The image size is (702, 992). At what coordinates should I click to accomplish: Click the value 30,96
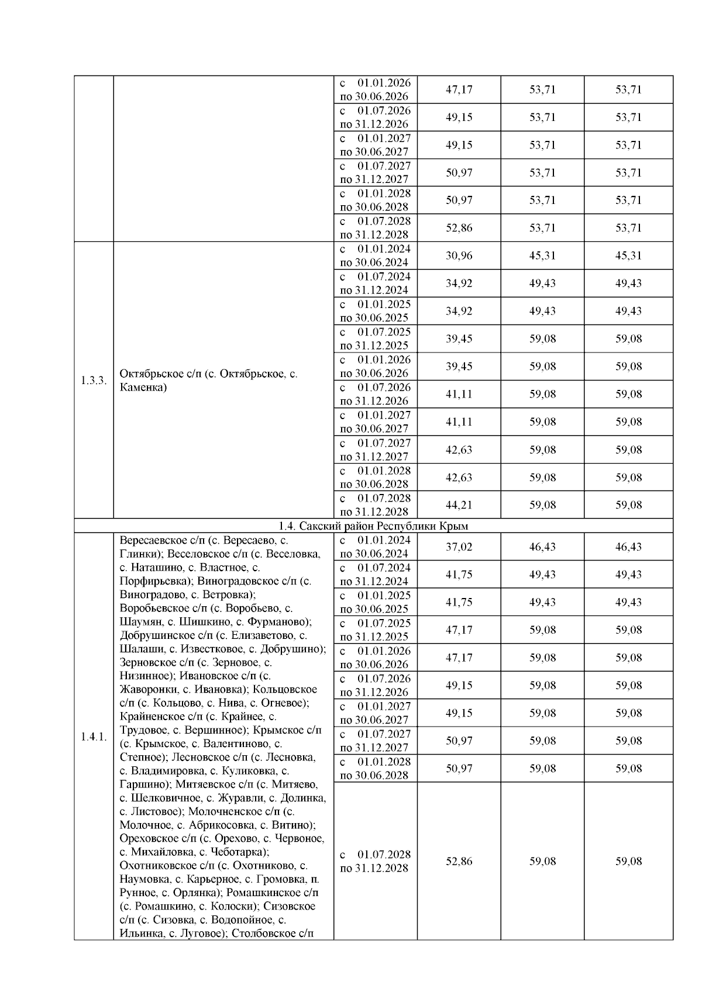coord(459,255)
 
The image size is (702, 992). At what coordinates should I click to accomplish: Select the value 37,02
coord(459,547)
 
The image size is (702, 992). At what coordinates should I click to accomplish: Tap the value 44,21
coord(459,505)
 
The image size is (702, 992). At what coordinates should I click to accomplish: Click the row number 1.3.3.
coord(94,381)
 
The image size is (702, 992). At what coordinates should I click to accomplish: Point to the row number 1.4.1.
coord(94,737)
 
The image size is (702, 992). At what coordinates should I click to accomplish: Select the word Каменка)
coord(143,387)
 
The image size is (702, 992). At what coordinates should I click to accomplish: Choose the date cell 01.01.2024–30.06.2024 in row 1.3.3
coord(375,255)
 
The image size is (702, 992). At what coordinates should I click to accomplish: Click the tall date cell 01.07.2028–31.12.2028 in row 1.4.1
coord(375,862)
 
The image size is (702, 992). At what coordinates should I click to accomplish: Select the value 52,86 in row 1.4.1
coord(459,862)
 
